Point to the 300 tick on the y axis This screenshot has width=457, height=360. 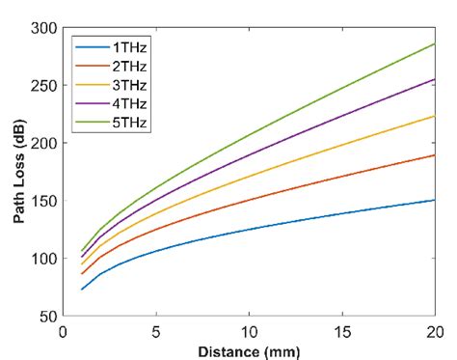pyautogui.click(x=43, y=28)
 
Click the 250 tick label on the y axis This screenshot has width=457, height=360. pyautogui.click(x=43, y=85)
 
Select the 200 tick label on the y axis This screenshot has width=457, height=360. pyautogui.click(x=43, y=143)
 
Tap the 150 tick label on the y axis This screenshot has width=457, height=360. pyautogui.click(x=43, y=201)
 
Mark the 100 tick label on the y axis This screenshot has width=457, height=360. pyautogui.click(x=43, y=259)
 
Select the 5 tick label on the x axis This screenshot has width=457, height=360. pyautogui.click(x=156, y=330)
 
